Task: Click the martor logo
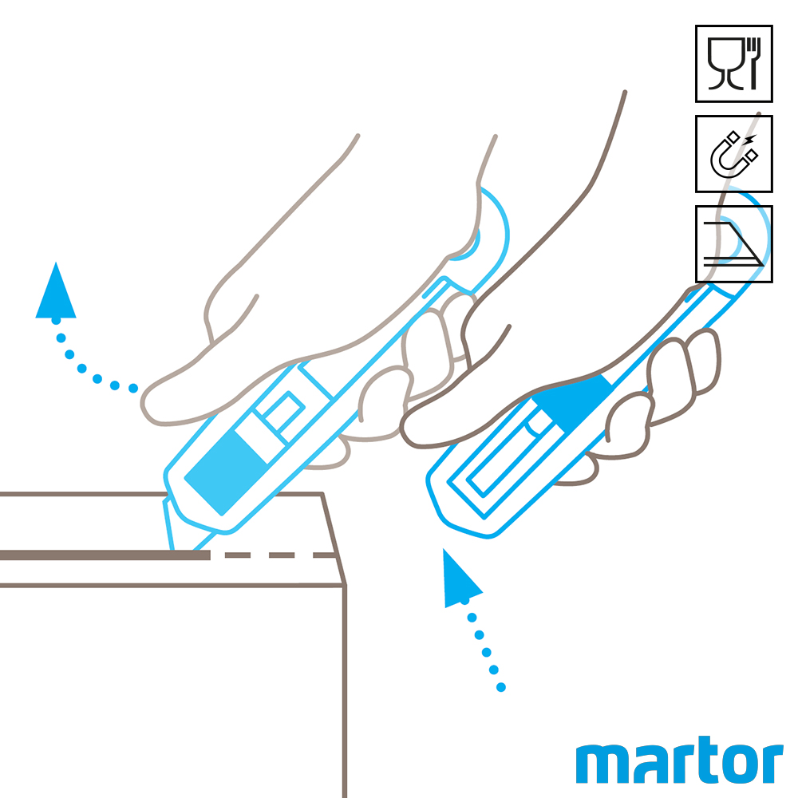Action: [x=679, y=760]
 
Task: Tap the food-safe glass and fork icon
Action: [x=734, y=64]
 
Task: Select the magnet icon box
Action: [x=734, y=154]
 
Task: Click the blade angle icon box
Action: [x=734, y=243]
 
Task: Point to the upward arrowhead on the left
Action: [x=56, y=293]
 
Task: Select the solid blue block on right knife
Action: [x=572, y=402]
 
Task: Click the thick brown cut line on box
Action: [x=105, y=555]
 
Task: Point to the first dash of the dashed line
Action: [x=238, y=555]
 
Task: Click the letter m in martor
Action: [x=604, y=764]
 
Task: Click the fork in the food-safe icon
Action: [x=753, y=64]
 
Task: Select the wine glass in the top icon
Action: [x=725, y=64]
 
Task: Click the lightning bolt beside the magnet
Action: [x=751, y=138]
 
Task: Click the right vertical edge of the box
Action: [x=345, y=691]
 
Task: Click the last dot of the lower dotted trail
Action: [x=501, y=688]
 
